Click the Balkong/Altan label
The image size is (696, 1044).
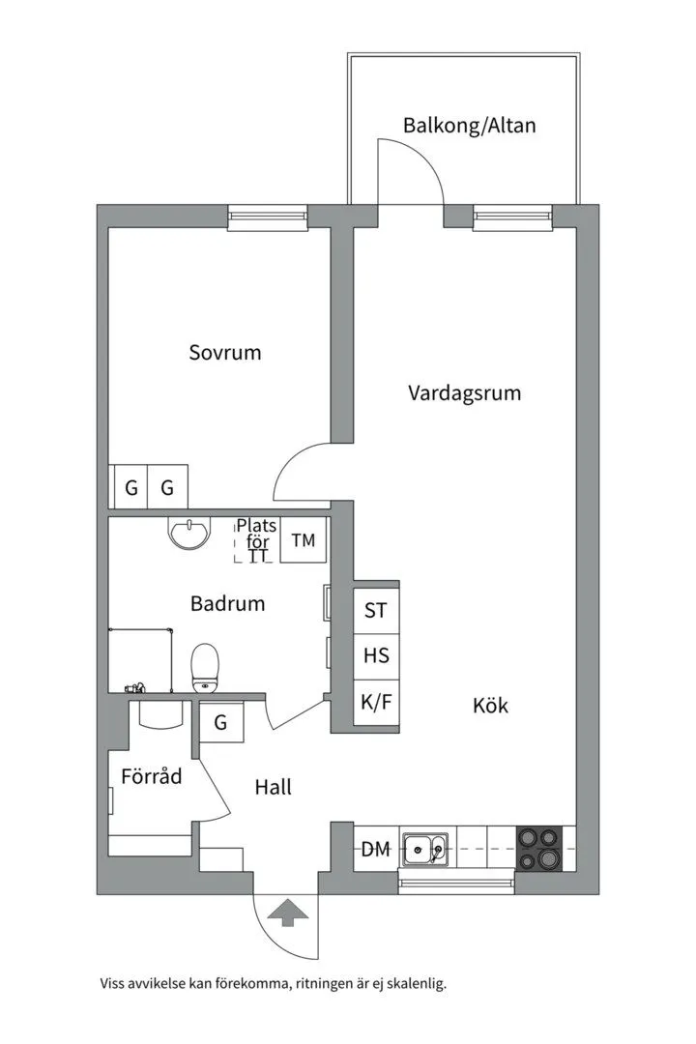coord(469,126)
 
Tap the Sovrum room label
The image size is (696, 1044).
coord(224,352)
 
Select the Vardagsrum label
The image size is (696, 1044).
coord(464,393)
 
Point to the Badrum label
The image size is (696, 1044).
coord(227,604)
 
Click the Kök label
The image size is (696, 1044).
coord(490,705)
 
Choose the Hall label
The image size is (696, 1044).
coord(273,787)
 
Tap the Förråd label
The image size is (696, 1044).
coord(151,775)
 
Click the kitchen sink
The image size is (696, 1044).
coord(424,850)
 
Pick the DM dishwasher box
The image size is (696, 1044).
coord(375,850)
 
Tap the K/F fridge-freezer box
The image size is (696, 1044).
coord(376,702)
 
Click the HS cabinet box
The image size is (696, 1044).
coord(376,655)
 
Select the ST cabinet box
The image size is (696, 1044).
coord(376,610)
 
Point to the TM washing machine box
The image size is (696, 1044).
coord(304,540)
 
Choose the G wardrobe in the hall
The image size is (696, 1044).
coord(221,722)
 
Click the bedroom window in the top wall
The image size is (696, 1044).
coord(267,217)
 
